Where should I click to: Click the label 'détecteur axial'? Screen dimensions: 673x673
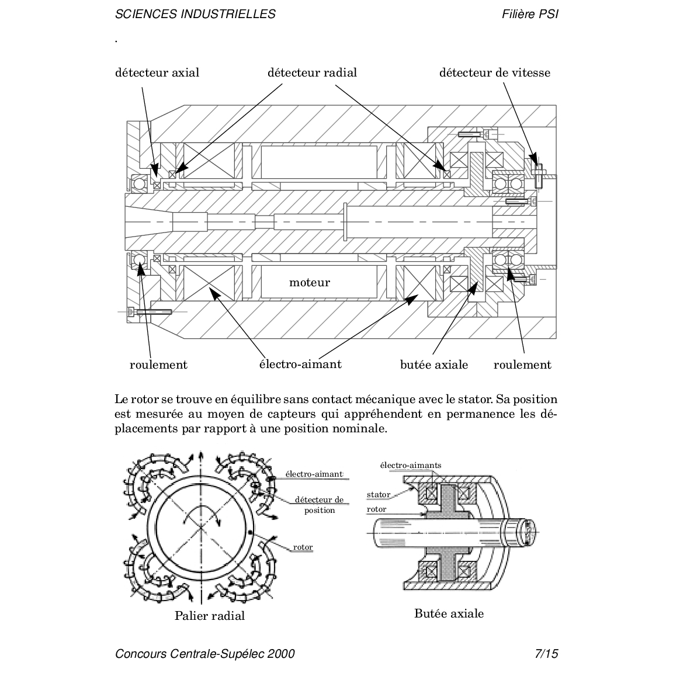[157, 72]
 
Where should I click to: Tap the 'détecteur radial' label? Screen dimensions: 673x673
[312, 72]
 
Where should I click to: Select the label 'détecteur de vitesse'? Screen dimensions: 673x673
[494, 72]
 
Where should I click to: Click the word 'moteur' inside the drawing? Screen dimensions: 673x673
[310, 283]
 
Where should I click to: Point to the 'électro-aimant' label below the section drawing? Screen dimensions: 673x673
[300, 364]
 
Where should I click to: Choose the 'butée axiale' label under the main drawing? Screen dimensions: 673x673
[434, 365]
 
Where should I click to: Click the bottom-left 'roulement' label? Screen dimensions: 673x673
[158, 365]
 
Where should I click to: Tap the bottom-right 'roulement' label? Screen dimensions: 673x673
[522, 365]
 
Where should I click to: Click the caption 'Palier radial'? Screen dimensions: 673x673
[209, 616]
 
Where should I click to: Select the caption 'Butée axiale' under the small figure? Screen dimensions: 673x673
[449, 613]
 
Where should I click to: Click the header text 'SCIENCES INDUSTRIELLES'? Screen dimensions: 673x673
[195, 14]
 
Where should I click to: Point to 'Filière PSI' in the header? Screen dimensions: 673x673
[530, 14]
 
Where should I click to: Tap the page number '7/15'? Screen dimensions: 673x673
[546, 653]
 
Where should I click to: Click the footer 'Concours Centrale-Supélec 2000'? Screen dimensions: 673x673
[205, 653]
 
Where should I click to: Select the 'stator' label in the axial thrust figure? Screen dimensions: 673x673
[379, 495]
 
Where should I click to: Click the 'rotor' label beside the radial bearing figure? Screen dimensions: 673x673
[303, 547]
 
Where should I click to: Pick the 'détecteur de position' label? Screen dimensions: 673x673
[319, 505]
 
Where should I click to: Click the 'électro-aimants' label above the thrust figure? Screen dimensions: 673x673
[411, 466]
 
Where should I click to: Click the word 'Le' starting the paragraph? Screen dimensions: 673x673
[121, 400]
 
